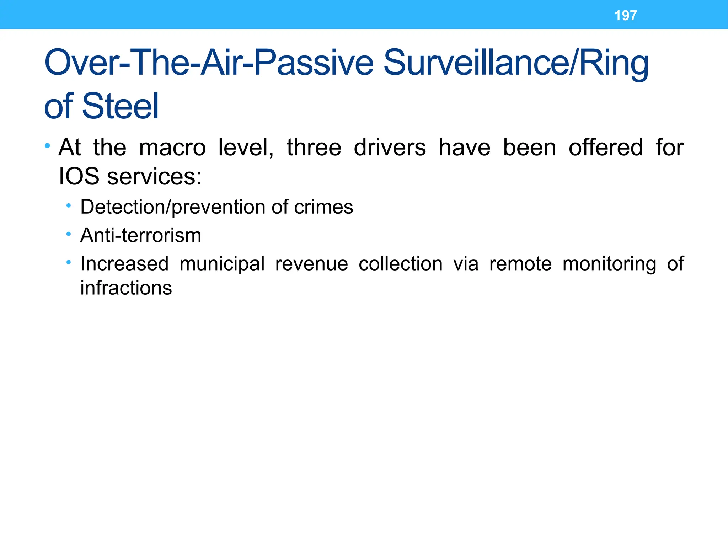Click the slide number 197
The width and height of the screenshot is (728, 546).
[626, 16]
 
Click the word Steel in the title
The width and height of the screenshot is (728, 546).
[121, 106]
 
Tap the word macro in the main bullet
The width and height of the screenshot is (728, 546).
[172, 148]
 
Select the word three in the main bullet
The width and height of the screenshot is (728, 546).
[314, 148]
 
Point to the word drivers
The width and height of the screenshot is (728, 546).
[390, 148]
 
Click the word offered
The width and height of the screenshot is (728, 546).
[606, 148]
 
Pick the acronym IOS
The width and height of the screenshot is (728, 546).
[79, 176]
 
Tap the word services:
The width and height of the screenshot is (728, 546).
[155, 176]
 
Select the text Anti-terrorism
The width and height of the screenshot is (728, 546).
[141, 235]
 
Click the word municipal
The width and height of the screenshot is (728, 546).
[222, 264]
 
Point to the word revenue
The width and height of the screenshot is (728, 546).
[312, 264]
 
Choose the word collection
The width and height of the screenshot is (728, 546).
[401, 264]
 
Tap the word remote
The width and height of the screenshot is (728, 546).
[520, 264]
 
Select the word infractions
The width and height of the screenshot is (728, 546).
[126, 288]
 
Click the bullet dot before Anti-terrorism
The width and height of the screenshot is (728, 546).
[69, 234]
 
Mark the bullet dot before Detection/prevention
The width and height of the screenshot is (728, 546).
[69, 206]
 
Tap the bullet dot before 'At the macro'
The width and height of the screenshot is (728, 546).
[48, 146]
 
